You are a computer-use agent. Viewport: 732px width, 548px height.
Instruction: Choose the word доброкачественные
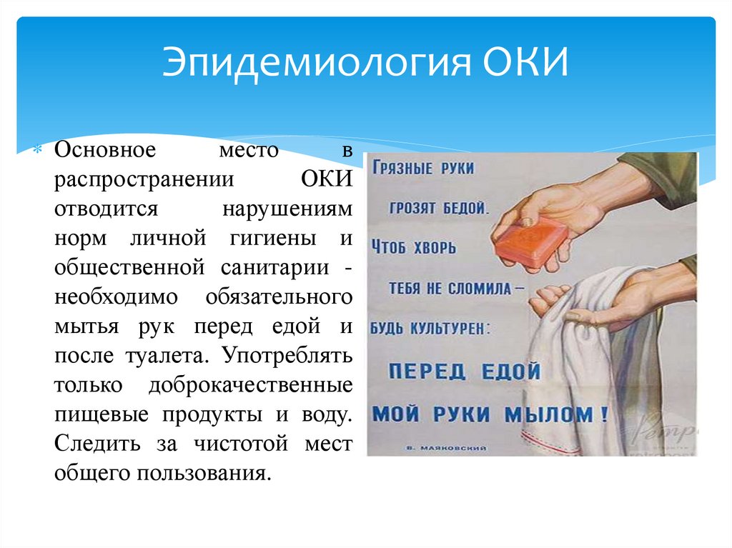pyautogui.click(x=250, y=384)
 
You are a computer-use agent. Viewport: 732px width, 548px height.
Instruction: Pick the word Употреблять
pyautogui.click(x=288, y=354)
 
